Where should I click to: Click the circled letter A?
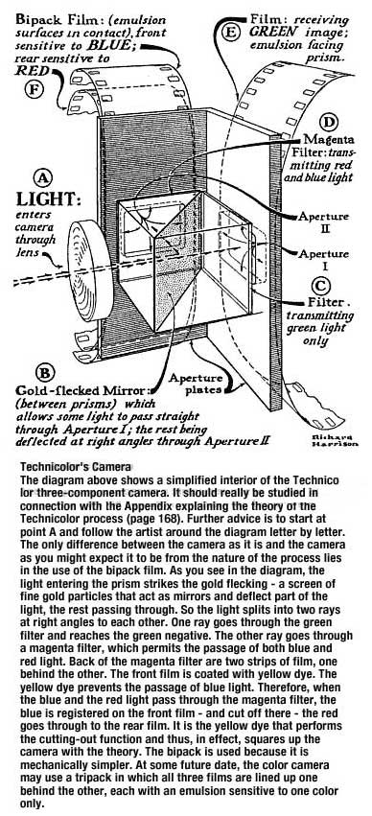(x=43, y=179)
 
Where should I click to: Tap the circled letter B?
(x=45, y=374)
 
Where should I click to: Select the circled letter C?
(x=321, y=285)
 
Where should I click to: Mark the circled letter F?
(x=34, y=88)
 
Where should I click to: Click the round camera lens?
(x=90, y=270)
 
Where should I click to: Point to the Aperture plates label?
(x=197, y=384)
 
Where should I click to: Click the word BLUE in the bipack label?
(x=112, y=44)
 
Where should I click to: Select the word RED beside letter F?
(x=32, y=69)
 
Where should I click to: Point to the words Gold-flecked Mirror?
(x=83, y=391)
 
